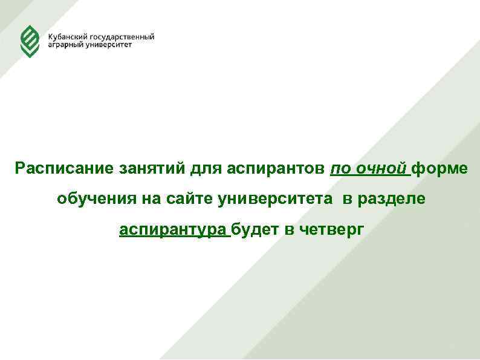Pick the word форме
[439, 168]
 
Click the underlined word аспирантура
[174, 229]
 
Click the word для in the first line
[206, 168]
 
